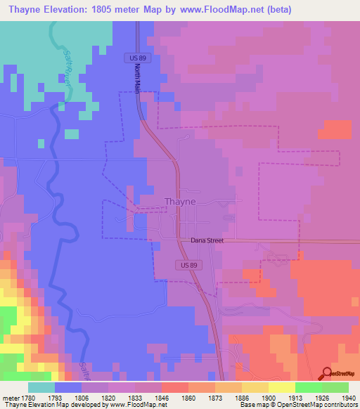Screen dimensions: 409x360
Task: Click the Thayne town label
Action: tap(179, 201)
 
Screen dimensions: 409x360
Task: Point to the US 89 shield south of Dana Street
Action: tap(184, 263)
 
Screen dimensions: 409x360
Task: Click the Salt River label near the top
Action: tap(67, 66)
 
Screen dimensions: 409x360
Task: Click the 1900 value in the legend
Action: tap(269, 397)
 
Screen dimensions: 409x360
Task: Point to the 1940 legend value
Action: tap(349, 397)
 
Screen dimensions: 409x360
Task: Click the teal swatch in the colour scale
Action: tap(41, 387)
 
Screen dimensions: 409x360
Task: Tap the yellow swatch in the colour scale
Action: tap(281, 387)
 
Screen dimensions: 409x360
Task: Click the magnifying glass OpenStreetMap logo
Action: tap(328, 375)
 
